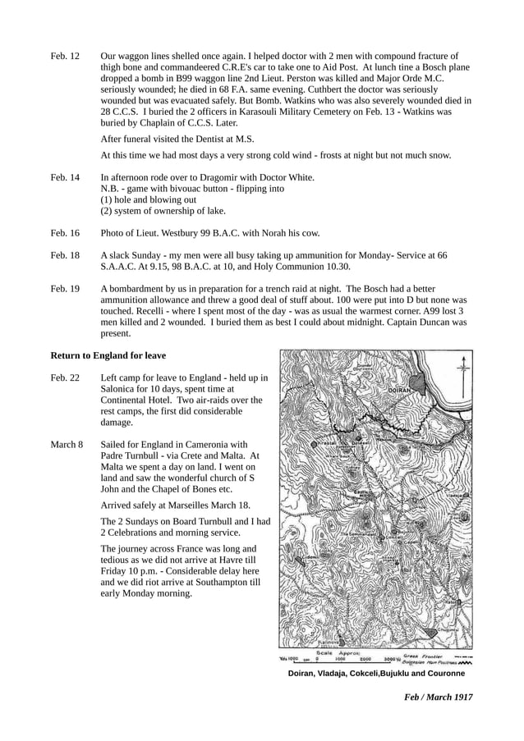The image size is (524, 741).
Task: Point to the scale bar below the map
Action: click(349, 657)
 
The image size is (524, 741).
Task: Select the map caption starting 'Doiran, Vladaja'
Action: click(376, 673)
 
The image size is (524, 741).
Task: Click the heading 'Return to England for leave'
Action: click(108, 355)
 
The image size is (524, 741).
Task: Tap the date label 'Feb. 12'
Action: click(65, 56)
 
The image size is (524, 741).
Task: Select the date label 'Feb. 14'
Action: click(65, 177)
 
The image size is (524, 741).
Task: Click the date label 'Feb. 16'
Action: click(65, 233)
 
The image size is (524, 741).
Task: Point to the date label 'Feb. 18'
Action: click(65, 255)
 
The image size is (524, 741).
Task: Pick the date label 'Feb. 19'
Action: click(65, 289)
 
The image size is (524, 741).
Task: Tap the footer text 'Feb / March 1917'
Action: click(438, 697)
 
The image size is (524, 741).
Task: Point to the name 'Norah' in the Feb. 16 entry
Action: click(271, 233)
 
